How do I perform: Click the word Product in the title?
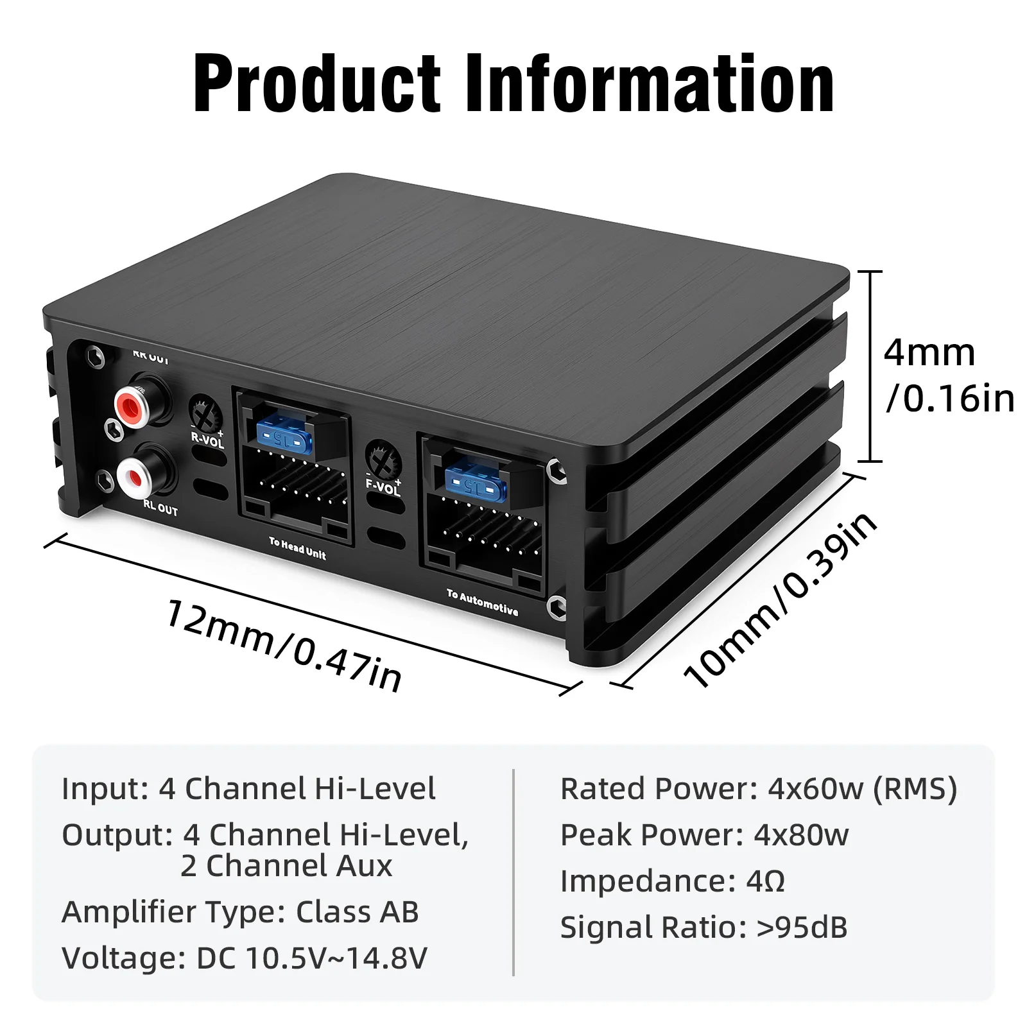[x=317, y=84]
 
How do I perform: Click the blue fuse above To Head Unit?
[x=284, y=436]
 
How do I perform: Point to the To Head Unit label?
[x=297, y=549]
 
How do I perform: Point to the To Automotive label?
[x=483, y=602]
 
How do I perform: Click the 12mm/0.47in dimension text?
[x=284, y=646]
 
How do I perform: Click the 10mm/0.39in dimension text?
[x=780, y=600]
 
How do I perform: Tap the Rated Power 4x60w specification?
[x=758, y=789]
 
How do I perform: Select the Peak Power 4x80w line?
[x=704, y=835]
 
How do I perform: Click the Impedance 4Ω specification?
[x=672, y=881]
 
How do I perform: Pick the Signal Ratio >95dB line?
[x=703, y=928]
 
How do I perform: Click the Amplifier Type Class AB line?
[x=240, y=912]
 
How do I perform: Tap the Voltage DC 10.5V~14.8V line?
[x=244, y=958]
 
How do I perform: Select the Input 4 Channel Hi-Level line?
[x=248, y=789]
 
